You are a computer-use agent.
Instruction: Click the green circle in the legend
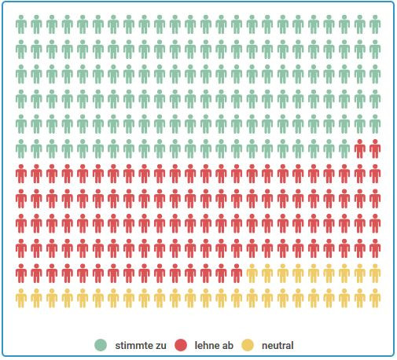pos(101,345)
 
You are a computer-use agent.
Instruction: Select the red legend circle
pos(181,345)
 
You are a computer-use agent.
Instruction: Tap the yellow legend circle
pos(248,345)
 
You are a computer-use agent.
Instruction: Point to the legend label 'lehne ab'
pos(211,345)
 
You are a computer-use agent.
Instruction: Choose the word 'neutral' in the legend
pos(278,345)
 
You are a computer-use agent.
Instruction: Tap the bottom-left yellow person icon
pos(21,299)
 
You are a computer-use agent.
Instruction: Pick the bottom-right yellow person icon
pos(375,299)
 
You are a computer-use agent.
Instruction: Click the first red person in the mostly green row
pos(360,148)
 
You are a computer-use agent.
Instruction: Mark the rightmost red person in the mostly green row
pos(375,148)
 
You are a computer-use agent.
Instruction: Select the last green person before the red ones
pos(344,148)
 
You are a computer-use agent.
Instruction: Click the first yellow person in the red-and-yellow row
pos(252,274)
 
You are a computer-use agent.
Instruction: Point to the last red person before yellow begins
pos(237,274)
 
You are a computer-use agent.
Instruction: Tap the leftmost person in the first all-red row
pos(21,173)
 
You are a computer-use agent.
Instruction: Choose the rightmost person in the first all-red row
pos(375,173)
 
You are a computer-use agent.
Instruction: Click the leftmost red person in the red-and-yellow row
pos(21,274)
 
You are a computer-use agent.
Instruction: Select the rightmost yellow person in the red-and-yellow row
pos(375,274)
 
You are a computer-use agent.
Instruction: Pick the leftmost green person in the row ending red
pos(21,148)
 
